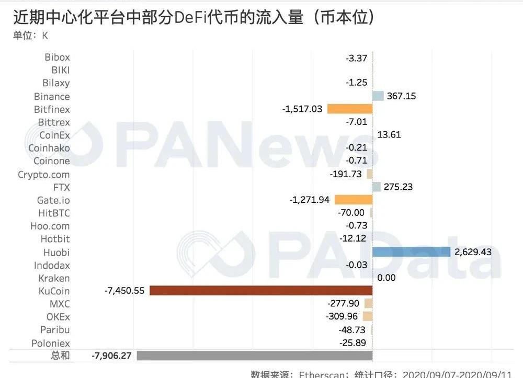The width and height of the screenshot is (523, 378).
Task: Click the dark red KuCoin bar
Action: click(260, 291)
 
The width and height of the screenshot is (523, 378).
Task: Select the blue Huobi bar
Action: click(411, 252)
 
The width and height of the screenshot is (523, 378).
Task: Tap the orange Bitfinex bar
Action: click(349, 109)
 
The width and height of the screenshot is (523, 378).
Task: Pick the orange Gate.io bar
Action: click(353, 199)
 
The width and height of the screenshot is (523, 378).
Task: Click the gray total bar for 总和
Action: click(254, 356)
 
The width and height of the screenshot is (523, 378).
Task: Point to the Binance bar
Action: click(378, 96)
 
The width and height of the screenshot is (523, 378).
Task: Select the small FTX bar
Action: click(376, 187)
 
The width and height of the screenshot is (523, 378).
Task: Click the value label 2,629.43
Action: click(473, 252)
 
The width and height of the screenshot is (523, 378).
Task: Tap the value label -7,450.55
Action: click(124, 291)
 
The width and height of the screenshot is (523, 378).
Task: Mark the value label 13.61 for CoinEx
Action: click(389, 135)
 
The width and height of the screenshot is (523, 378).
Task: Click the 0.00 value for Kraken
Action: click(386, 278)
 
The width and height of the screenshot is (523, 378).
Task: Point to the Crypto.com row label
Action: click(43, 174)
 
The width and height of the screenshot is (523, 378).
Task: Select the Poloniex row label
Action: click(50, 343)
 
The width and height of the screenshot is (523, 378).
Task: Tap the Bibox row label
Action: click(57, 57)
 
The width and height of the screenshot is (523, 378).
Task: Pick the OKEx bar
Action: click(368, 316)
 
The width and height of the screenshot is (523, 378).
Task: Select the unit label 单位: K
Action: click(30, 36)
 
